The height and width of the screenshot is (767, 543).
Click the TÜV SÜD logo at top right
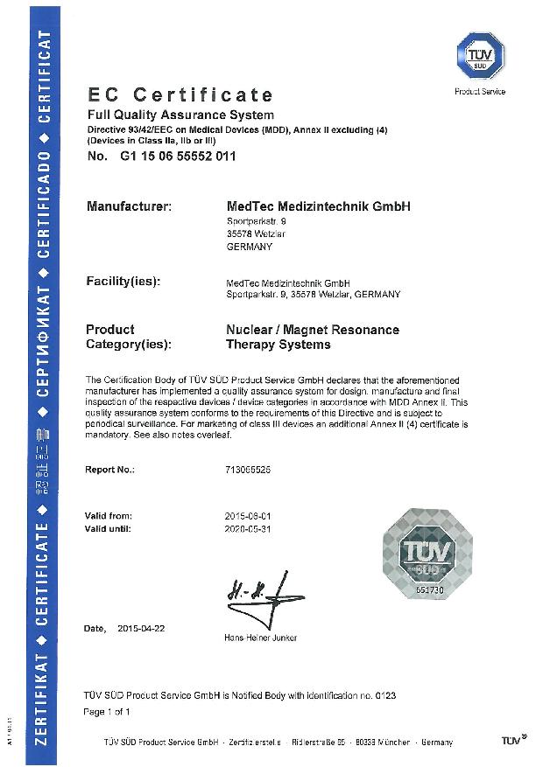click(479, 54)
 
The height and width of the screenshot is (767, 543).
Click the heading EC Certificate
click(180, 94)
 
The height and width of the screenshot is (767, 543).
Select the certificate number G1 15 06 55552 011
click(175, 157)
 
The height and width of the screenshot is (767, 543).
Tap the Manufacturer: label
click(129, 206)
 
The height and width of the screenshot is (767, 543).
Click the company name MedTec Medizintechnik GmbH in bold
click(318, 206)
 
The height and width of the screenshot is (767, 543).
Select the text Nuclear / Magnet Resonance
click(313, 330)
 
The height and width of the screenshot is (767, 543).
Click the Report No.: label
click(109, 470)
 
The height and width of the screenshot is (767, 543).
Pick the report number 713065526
click(248, 470)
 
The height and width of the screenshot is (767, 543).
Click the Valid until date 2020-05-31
click(248, 529)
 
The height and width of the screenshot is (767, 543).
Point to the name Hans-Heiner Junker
click(261, 638)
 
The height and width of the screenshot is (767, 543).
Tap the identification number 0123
click(384, 695)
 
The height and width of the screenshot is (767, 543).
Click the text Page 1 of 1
click(106, 712)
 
